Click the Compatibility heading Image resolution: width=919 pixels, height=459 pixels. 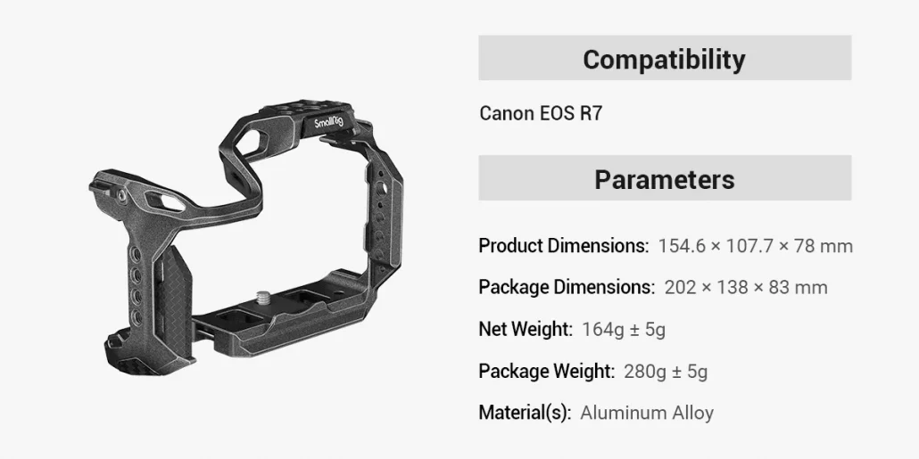click(x=664, y=59)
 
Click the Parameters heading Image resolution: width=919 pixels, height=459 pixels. click(x=664, y=179)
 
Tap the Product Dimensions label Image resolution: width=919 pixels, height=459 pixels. click(x=563, y=246)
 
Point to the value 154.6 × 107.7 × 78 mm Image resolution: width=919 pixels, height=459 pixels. click(x=755, y=246)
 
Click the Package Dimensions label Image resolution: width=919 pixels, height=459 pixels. click(x=566, y=287)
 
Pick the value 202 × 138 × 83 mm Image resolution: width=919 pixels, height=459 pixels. click(x=746, y=287)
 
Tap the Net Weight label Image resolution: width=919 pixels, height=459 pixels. click(x=525, y=329)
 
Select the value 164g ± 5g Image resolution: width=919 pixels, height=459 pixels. click(x=624, y=329)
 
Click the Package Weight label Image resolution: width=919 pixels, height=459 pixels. click(x=546, y=371)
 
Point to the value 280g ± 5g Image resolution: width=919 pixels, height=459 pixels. click(x=666, y=371)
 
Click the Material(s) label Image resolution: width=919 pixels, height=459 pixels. click(x=525, y=413)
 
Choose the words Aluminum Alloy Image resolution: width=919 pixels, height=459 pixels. click(x=647, y=413)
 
